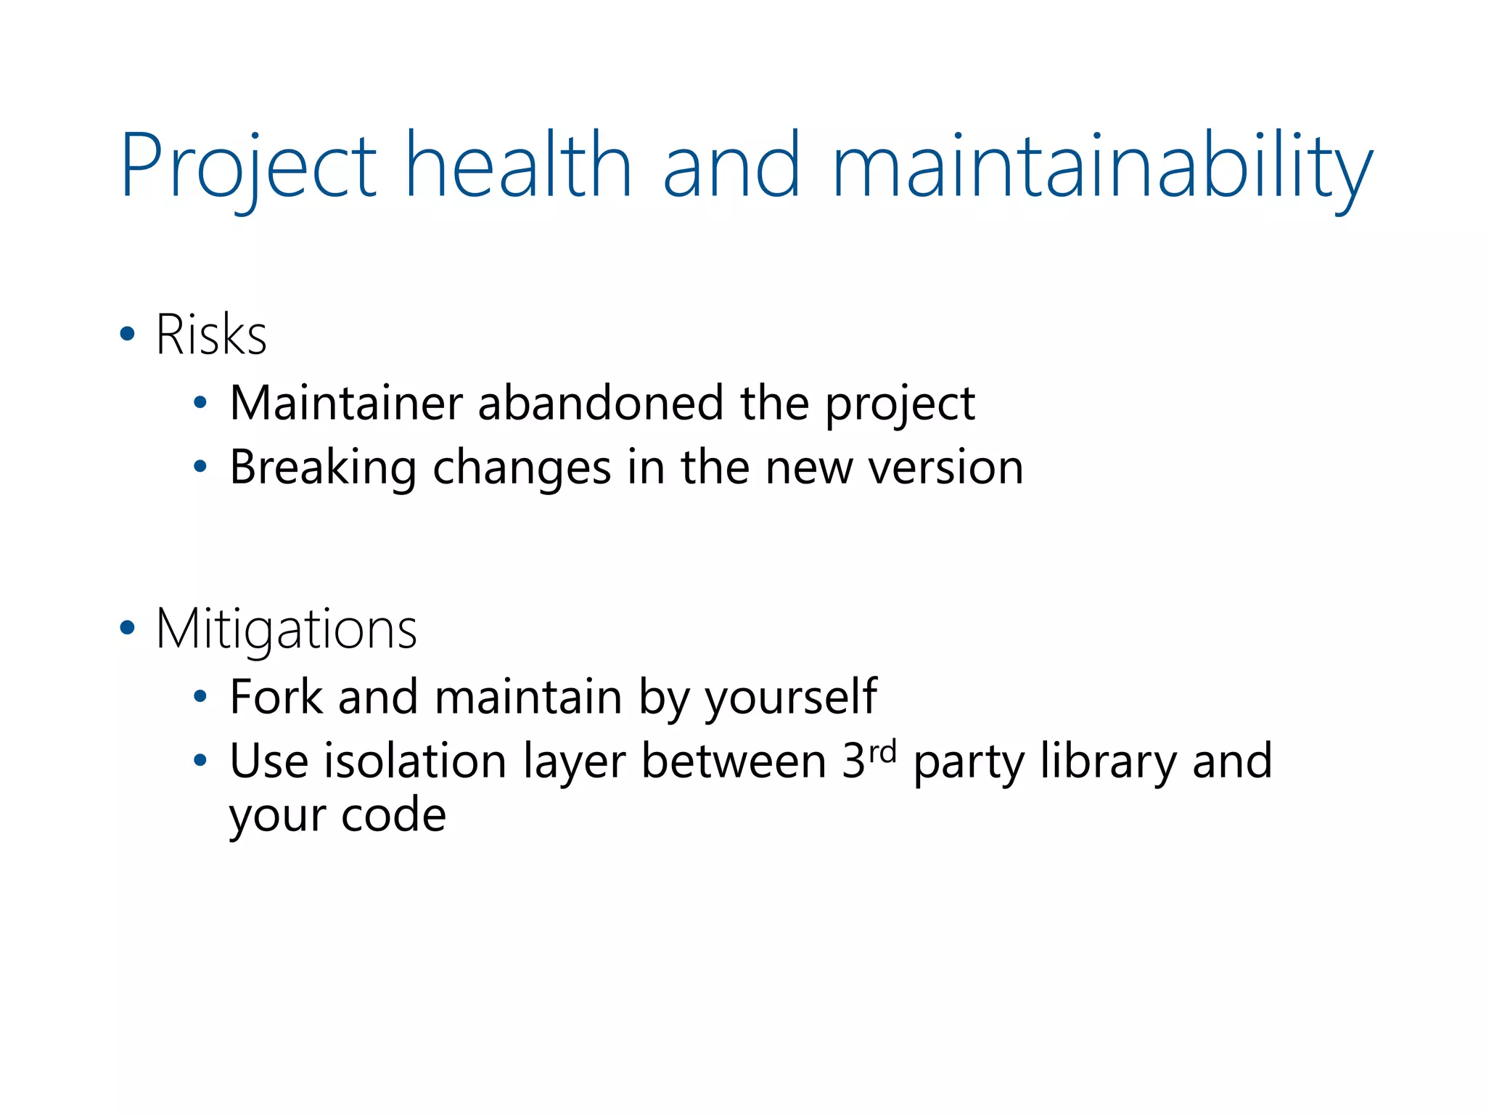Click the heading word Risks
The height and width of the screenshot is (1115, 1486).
click(x=211, y=335)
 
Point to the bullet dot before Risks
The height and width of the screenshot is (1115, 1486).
click(x=128, y=335)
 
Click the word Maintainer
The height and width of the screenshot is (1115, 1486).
click(x=345, y=403)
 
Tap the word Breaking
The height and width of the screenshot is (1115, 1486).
click(x=323, y=467)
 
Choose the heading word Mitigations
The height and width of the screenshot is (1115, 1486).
click(x=287, y=629)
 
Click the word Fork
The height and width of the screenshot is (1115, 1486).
click(x=276, y=697)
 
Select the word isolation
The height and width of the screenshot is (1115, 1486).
click(x=415, y=761)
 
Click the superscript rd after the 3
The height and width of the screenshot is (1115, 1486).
click(x=882, y=752)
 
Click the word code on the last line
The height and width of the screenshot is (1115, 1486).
click(x=393, y=815)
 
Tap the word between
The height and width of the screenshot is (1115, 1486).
click(x=734, y=761)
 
